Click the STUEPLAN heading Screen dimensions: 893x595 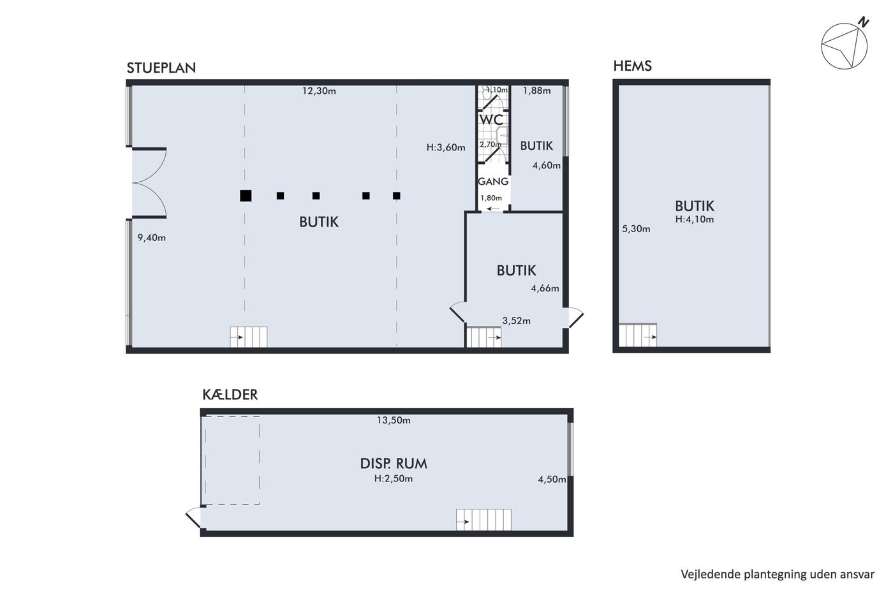coord(161,68)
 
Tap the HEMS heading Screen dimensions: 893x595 coord(632,66)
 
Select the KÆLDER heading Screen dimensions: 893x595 coord(230,395)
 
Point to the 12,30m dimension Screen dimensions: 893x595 coord(319,91)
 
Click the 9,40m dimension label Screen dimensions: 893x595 coord(152,238)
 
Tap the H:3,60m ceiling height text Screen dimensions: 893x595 coord(446,147)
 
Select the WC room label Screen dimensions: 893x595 coord(491,119)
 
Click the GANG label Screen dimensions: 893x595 coord(493,181)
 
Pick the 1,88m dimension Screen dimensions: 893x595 coord(536,91)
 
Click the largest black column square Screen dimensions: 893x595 coord(246,196)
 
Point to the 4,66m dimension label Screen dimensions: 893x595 coord(545,288)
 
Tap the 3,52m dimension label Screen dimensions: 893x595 coord(516,321)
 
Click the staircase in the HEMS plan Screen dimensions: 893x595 coord(638,335)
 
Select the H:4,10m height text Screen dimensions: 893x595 coord(695,219)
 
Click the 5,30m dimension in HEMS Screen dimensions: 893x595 coord(636,229)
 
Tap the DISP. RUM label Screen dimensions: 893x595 coord(394,464)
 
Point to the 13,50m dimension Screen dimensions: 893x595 coord(394,420)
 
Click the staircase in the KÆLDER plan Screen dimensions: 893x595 coord(483,520)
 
